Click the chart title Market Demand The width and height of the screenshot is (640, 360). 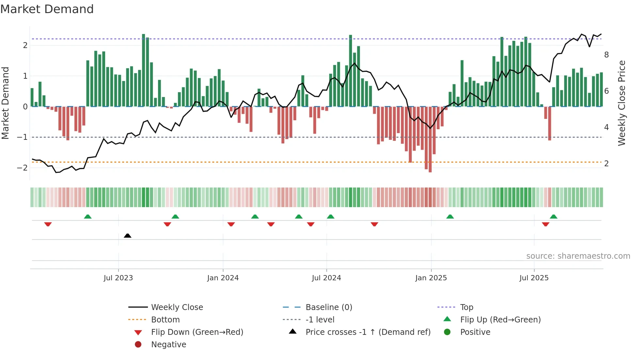tap(47, 9)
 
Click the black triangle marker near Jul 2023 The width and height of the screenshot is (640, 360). tap(128, 236)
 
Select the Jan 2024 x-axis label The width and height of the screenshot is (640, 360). tap(223, 278)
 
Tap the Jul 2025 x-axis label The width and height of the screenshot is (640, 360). tap(534, 278)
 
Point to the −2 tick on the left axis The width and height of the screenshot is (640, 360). tap(22, 168)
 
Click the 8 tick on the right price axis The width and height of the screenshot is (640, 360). tap(606, 55)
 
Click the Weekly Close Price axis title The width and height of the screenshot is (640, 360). tap(622, 103)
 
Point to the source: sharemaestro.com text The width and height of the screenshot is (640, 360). tap(578, 256)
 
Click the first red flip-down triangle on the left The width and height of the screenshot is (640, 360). tap(48, 224)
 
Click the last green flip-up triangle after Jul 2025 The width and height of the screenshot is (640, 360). tap(553, 217)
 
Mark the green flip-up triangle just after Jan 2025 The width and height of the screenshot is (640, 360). tap(450, 217)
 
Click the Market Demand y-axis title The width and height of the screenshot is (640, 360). tap(5, 103)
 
